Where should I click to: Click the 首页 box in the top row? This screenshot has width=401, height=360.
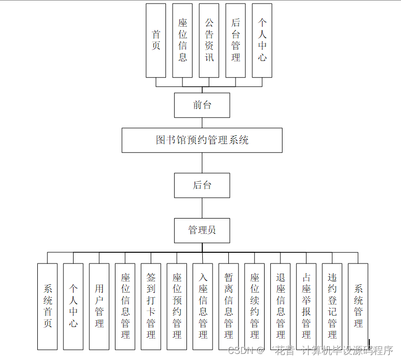pos(156,40)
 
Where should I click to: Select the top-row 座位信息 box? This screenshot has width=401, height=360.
pos(182,40)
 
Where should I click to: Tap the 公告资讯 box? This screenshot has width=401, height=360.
pos(209,40)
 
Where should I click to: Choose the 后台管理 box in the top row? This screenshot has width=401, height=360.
pos(235,40)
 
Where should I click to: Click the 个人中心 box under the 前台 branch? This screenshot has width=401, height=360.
pos(262,40)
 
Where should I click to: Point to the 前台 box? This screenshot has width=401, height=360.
pos(202,105)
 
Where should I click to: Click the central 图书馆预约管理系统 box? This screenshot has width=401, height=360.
pos(202,140)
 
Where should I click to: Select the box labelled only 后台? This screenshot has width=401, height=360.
pos(202,185)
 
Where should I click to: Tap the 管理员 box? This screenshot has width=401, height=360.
pos(202,230)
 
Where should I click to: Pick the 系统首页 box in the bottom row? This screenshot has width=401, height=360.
pos(48,306)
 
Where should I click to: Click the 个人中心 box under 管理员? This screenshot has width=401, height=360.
pos(74,306)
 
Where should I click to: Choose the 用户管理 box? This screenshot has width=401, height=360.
pos(99,306)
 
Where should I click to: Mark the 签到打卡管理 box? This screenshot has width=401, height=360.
pos(151,306)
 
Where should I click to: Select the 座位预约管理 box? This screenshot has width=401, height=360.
pos(177,306)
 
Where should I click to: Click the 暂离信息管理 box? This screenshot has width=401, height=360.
pos(228,306)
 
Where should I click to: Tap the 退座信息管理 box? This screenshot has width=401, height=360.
pos(280,306)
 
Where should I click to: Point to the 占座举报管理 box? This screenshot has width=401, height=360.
pos(306,306)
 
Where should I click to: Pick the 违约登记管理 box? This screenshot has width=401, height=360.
pos(332,306)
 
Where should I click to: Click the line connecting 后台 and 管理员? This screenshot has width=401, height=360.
pos(202,208)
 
